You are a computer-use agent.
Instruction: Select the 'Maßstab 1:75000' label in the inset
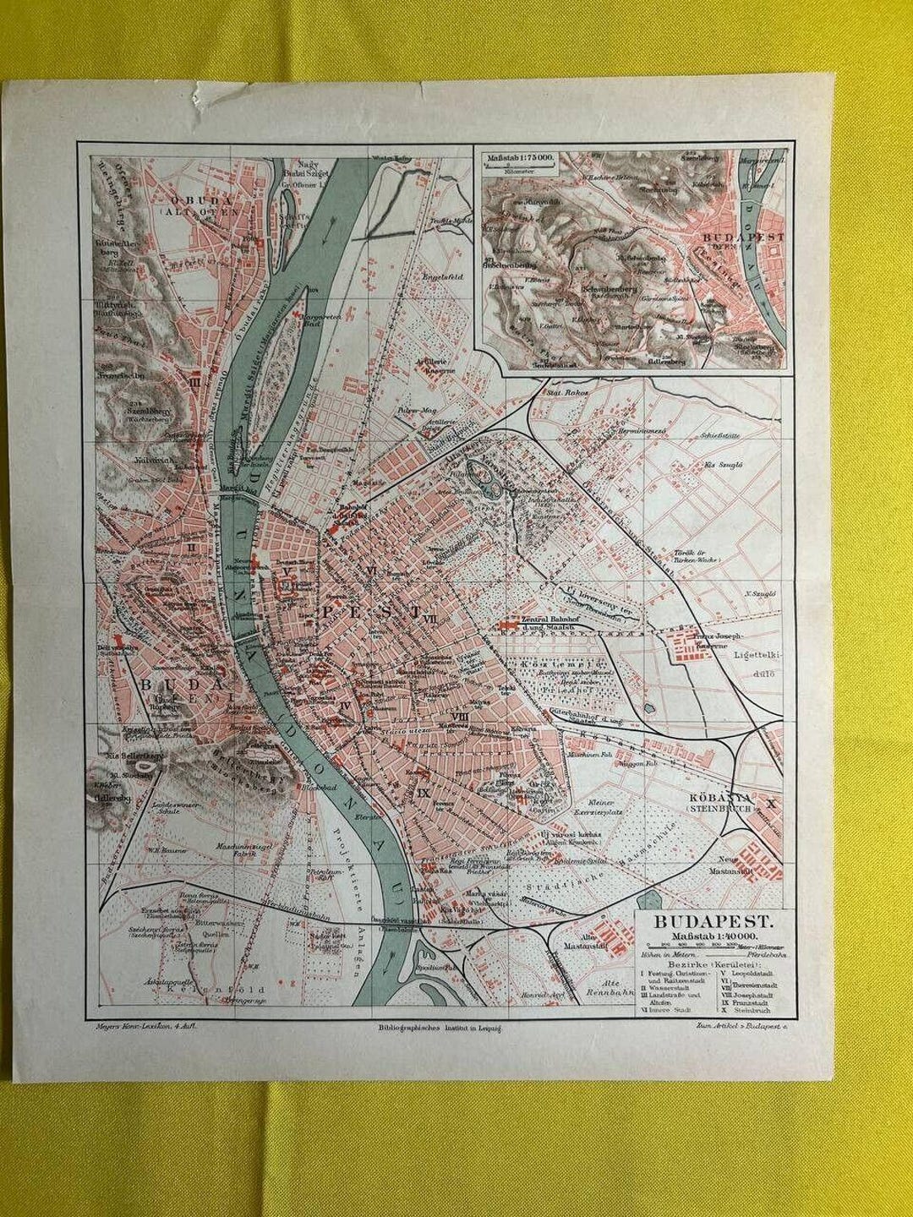click(521, 157)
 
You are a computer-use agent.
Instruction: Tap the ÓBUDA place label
click(216, 202)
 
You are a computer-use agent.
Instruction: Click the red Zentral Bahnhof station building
click(507, 624)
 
